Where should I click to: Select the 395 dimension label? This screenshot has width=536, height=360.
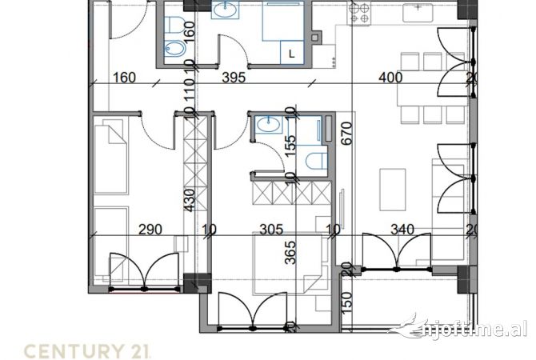[x=232, y=78]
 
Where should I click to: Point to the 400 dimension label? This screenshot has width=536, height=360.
[x=390, y=78]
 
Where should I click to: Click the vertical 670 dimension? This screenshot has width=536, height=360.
[x=346, y=131]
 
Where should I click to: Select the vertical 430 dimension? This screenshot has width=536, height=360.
[x=190, y=199]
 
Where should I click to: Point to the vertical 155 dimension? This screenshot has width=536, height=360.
[x=290, y=144]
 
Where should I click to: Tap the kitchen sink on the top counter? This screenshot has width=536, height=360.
[x=416, y=11]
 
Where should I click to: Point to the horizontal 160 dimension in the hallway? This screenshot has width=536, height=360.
[x=125, y=78]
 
